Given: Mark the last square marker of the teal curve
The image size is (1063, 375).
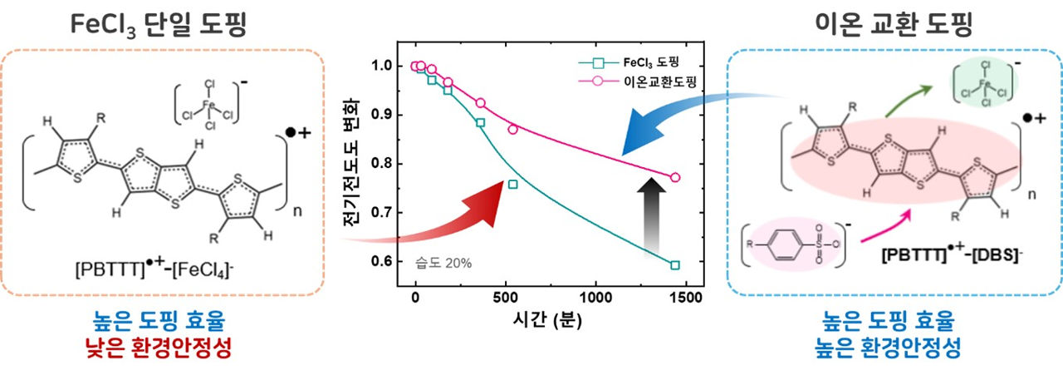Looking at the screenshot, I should [x=675, y=265].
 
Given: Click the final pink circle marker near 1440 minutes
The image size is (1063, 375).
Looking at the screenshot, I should [x=675, y=177].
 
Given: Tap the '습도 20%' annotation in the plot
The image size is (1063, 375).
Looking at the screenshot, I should [x=443, y=263].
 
